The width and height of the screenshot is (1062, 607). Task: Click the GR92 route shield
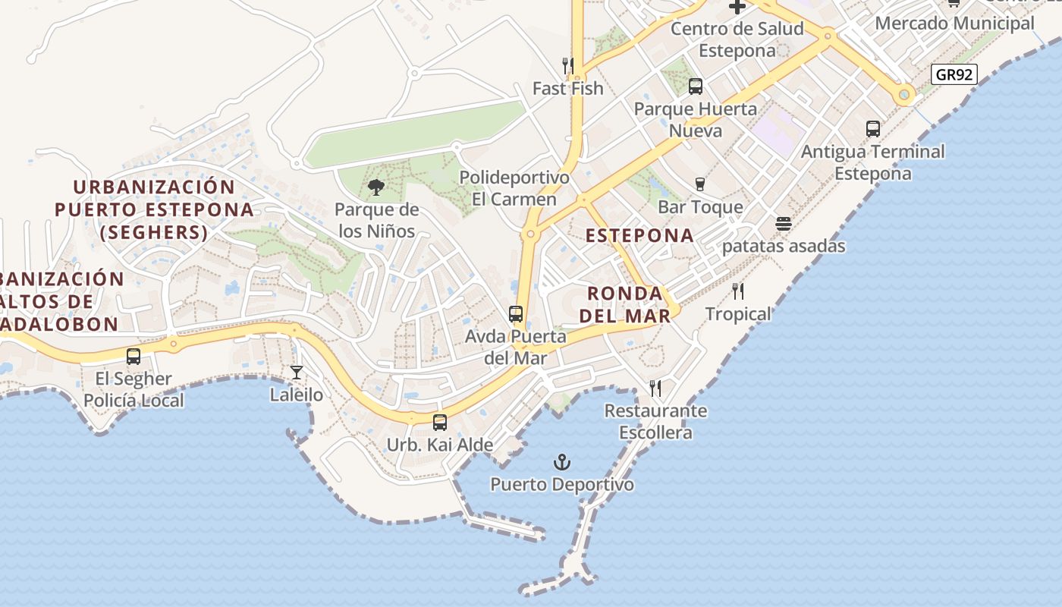[x=954, y=74]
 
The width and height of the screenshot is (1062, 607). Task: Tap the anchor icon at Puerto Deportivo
[x=561, y=462]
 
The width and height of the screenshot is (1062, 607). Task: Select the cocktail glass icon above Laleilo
[x=297, y=372]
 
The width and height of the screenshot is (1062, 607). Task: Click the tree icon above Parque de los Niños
[x=376, y=187]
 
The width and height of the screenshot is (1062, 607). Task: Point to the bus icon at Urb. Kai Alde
[x=440, y=423]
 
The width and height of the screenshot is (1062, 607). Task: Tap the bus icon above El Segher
[x=134, y=356]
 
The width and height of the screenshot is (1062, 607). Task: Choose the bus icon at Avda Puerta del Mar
[x=516, y=313]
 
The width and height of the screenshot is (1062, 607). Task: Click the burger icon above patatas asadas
[x=784, y=224]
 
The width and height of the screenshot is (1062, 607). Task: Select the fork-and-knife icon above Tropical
[x=738, y=291]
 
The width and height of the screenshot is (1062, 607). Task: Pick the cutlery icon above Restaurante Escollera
[x=655, y=388]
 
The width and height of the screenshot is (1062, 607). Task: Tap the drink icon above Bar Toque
[x=700, y=184]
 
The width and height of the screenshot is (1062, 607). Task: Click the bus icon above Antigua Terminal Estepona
[x=873, y=129]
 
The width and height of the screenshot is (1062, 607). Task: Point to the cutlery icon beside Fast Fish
[x=567, y=65]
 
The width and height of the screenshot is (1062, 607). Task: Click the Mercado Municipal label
[x=954, y=23]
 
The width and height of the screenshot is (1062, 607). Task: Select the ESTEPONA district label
[x=640, y=235]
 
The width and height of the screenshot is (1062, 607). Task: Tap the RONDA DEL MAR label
[x=630, y=304]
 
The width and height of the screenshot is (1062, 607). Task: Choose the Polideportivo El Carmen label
[x=514, y=188]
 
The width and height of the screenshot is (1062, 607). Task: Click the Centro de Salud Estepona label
[x=737, y=39]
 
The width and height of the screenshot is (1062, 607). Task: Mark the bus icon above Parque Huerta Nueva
[x=696, y=86]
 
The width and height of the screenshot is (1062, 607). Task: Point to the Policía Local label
[x=134, y=400]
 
